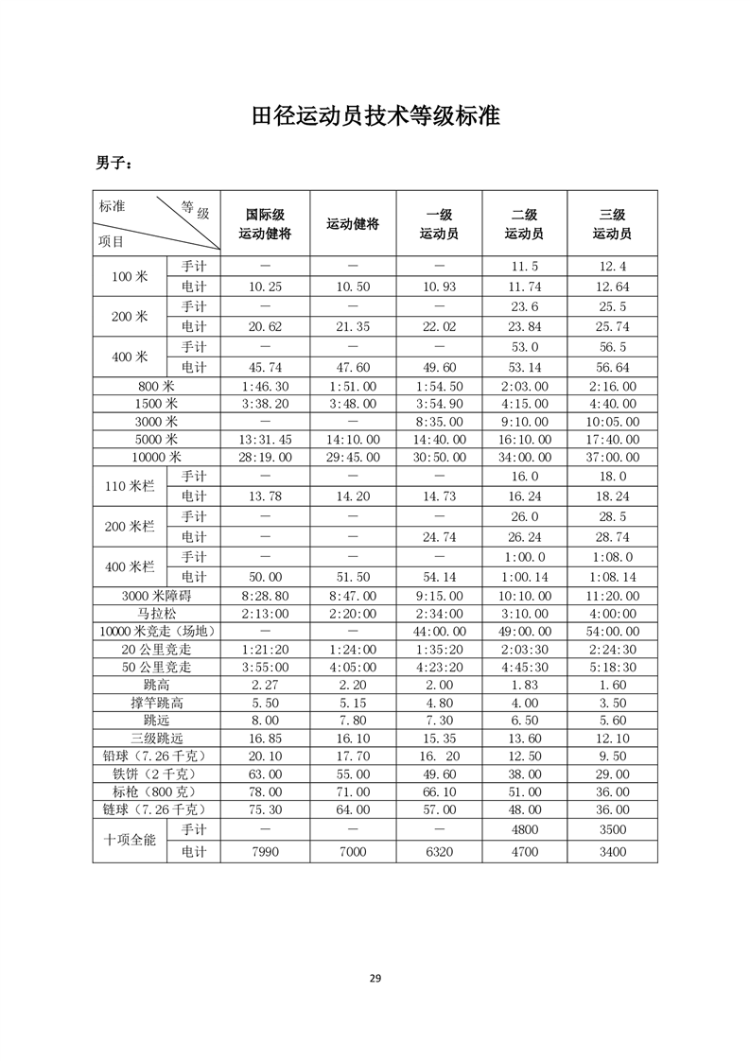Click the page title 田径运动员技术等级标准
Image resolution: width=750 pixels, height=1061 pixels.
[375, 116]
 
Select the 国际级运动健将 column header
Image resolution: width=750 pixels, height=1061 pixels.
[265, 223]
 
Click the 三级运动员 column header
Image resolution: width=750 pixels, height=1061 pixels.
[612, 223]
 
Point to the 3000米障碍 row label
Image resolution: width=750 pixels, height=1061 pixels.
[156, 596]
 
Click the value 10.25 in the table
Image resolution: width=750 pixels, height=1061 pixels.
[265, 287]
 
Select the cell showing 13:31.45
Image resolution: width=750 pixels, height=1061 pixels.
[265, 439]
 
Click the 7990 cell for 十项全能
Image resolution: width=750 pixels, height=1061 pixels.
[265, 851]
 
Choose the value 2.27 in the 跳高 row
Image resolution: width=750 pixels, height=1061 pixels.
[265, 685]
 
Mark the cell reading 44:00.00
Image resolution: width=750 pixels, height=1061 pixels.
[439, 631]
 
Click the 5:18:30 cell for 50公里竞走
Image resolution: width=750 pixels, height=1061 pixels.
[612, 667]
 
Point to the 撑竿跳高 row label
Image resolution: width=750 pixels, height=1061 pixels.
[156, 703]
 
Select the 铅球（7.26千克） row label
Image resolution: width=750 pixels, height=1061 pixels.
[156, 757]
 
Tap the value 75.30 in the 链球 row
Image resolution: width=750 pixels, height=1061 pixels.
[265, 810]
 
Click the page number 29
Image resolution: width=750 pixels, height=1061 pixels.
[375, 978]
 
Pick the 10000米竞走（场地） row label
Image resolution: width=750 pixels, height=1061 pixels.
[156, 631]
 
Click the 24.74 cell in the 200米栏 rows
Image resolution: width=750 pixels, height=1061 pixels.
[439, 536]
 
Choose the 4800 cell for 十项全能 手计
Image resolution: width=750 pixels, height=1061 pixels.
[524, 828]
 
